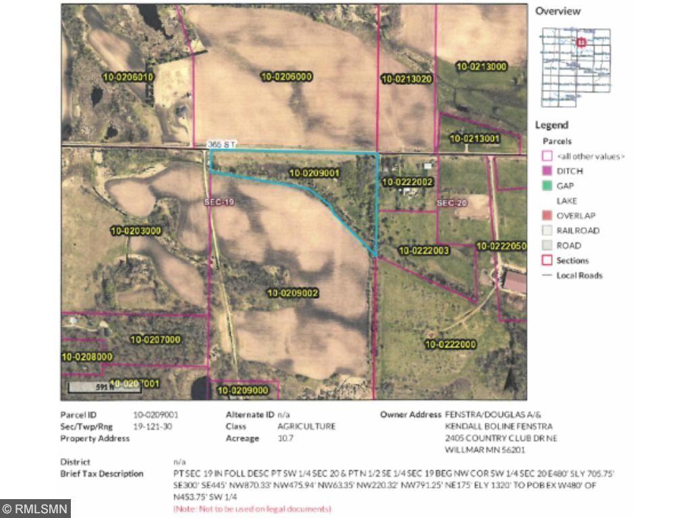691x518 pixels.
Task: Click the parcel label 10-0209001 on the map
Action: coord(314,173)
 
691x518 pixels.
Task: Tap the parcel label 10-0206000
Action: coord(286,77)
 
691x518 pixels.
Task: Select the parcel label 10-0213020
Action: coord(406,79)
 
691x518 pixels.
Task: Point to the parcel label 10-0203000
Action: coord(136,231)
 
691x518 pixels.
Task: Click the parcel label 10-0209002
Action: coord(293,293)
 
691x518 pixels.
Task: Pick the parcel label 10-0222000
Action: coord(451,345)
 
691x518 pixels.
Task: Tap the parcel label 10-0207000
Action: coord(155,339)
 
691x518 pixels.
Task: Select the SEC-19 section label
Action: coord(218,202)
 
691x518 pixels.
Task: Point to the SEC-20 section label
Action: coord(451,202)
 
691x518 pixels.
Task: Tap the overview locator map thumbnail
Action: coord(576,67)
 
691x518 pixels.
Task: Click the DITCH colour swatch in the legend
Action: coord(547,171)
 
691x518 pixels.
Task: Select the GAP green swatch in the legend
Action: coord(547,186)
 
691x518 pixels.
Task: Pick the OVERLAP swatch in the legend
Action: coord(547,216)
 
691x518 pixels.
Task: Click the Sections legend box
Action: coord(547,260)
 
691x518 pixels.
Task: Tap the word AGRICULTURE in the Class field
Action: coord(306,426)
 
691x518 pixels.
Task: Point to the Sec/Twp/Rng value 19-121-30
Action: coord(154,426)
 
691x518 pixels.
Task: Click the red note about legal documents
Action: coord(252,508)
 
